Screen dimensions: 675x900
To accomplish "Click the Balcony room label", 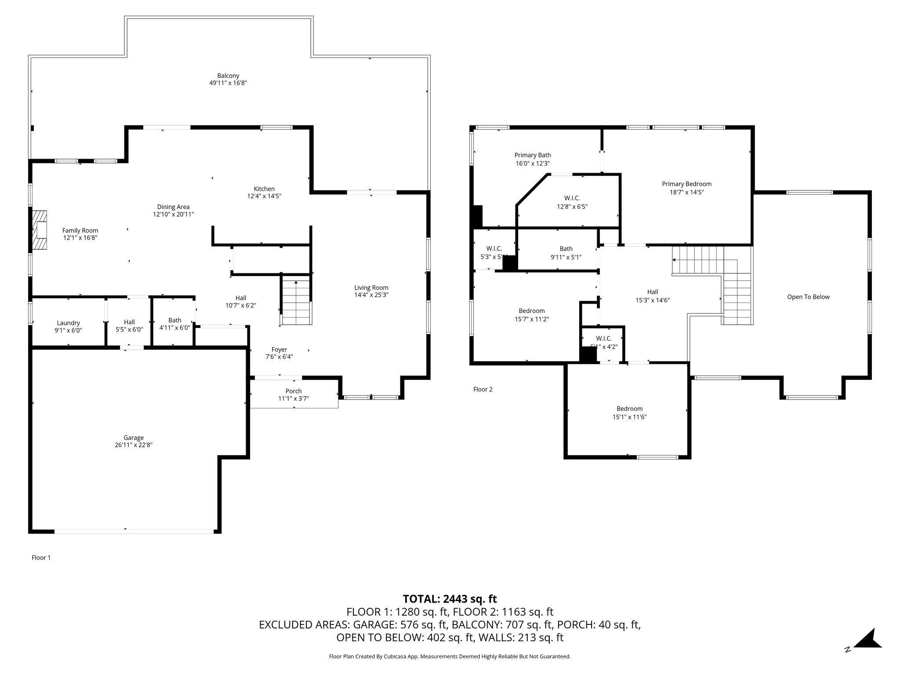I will coord(228,76).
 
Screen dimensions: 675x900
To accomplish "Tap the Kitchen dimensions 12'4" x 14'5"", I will coord(264,196).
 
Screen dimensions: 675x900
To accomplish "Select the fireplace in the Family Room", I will coord(40,230).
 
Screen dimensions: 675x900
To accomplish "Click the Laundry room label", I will coord(68,323).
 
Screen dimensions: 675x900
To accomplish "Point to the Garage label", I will coord(133,438).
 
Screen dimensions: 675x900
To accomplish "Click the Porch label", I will coord(293,391).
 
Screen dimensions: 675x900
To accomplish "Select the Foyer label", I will coord(279,350).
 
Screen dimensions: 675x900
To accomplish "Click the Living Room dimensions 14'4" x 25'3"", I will coord(371,295).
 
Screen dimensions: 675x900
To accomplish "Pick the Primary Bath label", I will coord(533,155).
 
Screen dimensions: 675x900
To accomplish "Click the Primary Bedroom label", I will coord(686,184).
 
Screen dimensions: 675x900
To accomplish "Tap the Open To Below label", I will coord(808,297).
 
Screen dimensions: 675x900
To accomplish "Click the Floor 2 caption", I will coord(483,389).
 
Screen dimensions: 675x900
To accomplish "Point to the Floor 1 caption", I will coord(41,558).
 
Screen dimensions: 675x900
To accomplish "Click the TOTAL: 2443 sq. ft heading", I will coord(450,599).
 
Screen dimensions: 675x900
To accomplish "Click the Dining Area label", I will coord(173,207).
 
